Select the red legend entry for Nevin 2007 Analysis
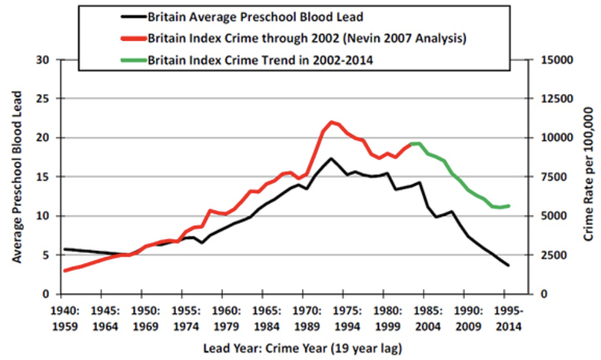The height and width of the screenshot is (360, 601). point(306,38)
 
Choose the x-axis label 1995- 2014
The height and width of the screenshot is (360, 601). point(506,317)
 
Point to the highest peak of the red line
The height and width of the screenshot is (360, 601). point(331,122)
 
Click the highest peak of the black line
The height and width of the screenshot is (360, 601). point(331,158)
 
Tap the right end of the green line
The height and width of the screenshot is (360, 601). point(508,205)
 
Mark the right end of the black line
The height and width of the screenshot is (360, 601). point(508,265)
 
